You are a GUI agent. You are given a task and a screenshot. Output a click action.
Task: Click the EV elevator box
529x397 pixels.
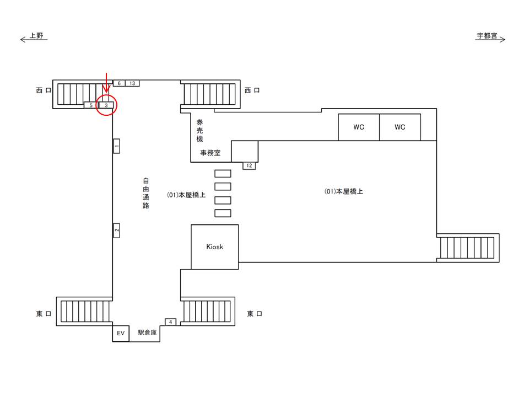point(121,333)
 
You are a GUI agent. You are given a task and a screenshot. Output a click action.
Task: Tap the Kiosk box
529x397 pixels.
point(215,247)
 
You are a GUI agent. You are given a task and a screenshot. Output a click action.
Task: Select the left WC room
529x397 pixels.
point(359,127)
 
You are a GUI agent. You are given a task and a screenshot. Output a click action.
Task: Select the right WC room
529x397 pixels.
point(400,127)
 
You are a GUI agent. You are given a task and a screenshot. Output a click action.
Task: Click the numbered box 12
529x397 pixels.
point(249,166)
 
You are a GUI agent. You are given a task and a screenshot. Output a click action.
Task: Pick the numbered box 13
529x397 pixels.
point(132,83)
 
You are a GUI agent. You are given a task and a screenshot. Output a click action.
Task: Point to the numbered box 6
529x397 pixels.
point(119,83)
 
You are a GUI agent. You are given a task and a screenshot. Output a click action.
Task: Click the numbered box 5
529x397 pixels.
point(91,105)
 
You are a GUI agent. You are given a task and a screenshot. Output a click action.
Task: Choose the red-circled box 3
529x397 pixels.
point(106,105)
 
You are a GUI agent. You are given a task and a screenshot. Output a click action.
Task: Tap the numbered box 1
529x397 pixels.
point(116,146)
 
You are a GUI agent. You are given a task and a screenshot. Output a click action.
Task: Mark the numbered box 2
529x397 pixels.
point(116,230)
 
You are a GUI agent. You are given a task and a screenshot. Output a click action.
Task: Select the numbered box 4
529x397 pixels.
point(170,322)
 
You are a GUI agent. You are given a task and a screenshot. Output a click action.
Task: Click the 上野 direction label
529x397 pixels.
point(36,35)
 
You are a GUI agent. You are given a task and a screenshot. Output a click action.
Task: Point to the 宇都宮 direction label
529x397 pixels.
point(487,35)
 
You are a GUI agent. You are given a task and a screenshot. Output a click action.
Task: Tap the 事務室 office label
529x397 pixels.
point(210,153)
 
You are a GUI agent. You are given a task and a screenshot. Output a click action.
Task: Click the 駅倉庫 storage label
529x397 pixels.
point(148,332)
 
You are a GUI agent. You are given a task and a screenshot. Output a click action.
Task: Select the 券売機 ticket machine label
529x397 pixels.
point(199,131)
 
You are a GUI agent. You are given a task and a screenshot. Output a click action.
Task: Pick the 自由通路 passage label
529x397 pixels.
point(145,193)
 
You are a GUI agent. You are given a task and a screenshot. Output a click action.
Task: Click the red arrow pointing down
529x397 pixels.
point(106,83)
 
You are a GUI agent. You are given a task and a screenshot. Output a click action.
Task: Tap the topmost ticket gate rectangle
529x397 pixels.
point(223,174)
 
